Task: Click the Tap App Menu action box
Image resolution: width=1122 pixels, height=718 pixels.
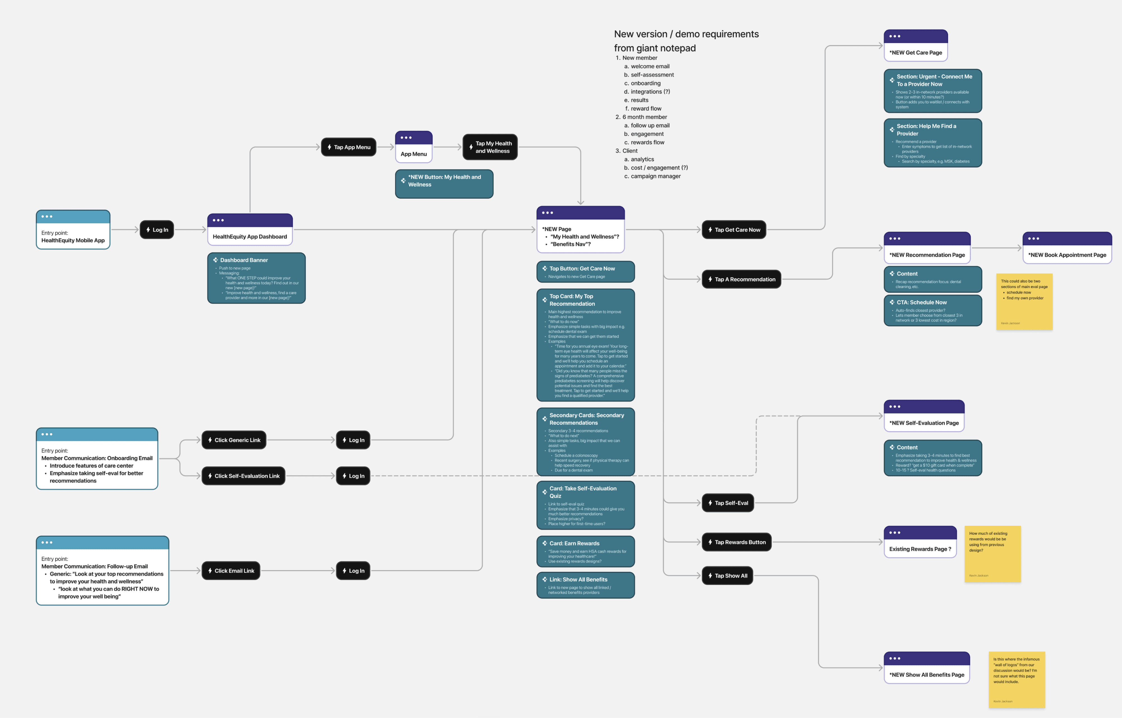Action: [349, 147]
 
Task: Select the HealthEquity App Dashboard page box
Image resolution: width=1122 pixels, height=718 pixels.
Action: [250, 230]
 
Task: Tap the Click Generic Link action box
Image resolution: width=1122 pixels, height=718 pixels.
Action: [234, 440]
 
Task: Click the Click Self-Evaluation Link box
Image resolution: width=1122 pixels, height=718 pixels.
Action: [243, 476]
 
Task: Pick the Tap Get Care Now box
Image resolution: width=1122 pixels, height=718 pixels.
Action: [734, 230]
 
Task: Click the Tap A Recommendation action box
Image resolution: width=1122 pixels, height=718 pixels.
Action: [741, 279]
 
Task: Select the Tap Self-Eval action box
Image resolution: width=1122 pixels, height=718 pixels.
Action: [728, 503]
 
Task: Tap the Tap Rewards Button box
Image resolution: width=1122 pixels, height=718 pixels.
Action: [737, 542]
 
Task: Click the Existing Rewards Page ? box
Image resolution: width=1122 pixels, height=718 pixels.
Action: [920, 543]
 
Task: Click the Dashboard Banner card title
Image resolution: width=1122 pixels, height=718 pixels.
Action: [244, 260]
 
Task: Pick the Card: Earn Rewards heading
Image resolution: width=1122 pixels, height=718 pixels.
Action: [574, 544]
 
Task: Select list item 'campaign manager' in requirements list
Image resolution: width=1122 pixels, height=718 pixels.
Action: [655, 176]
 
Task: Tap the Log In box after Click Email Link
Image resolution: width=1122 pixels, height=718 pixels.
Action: [353, 571]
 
